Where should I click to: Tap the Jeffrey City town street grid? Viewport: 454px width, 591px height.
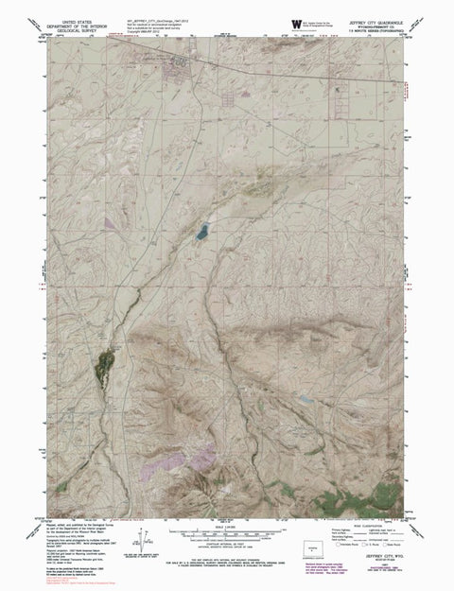[177, 65]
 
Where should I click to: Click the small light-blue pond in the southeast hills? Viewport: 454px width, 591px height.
[305, 401]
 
